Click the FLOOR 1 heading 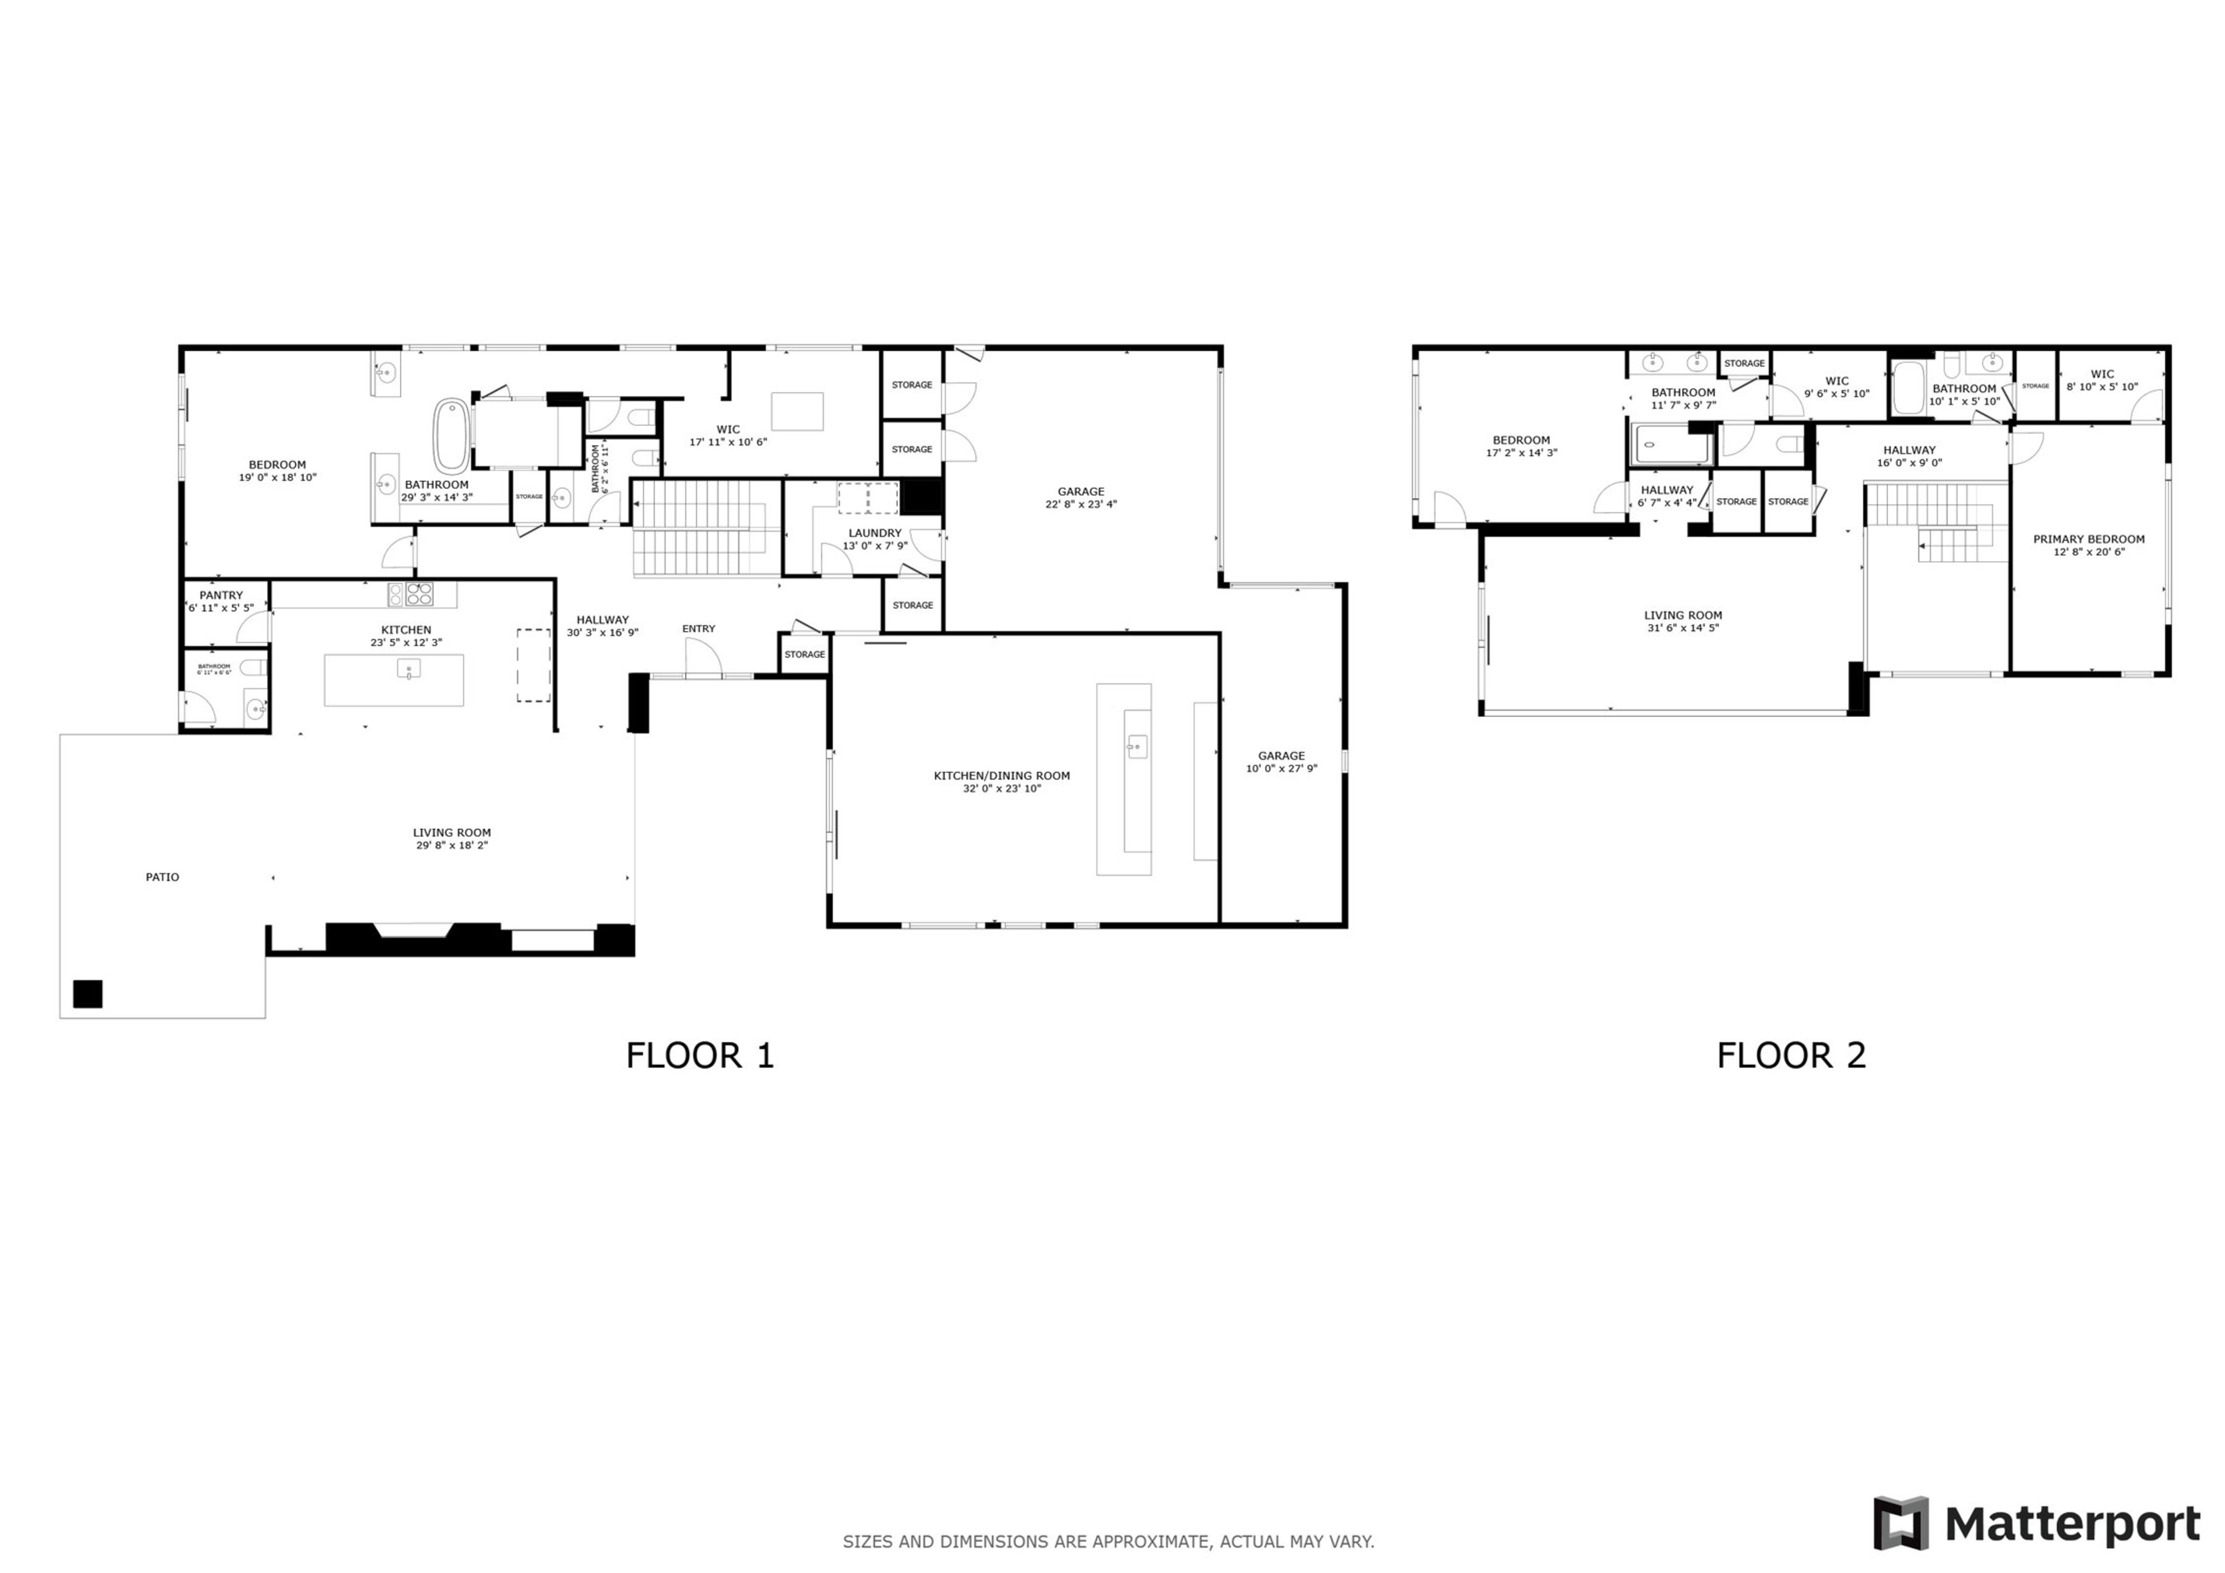(x=700, y=1056)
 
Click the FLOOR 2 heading (x=1791, y=1056)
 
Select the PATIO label (x=162, y=877)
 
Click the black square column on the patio (x=87, y=994)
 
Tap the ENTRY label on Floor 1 (x=698, y=629)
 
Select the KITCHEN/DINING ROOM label (x=1001, y=775)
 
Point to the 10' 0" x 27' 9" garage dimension (x=1281, y=768)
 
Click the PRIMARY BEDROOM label (x=2088, y=539)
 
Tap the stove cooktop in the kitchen (x=420, y=594)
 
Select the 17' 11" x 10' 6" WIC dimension (x=728, y=442)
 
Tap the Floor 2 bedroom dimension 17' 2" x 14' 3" (x=1522, y=452)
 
